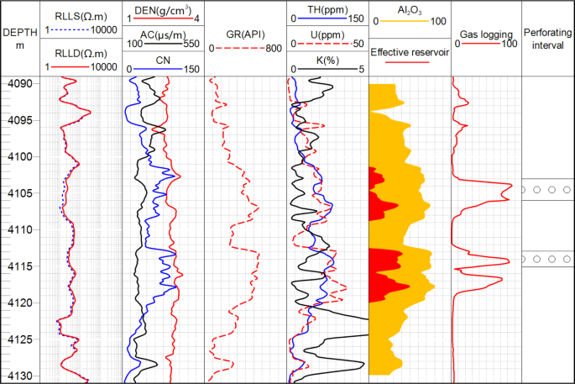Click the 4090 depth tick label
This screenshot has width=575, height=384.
pyautogui.click(x=21, y=84)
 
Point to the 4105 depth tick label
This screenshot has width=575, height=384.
pyautogui.click(x=21, y=193)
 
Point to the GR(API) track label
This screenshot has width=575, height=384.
pyautogui.click(x=246, y=34)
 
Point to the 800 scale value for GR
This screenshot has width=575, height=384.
pyautogui.click(x=274, y=48)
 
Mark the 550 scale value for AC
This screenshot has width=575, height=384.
pyautogui.click(x=192, y=43)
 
